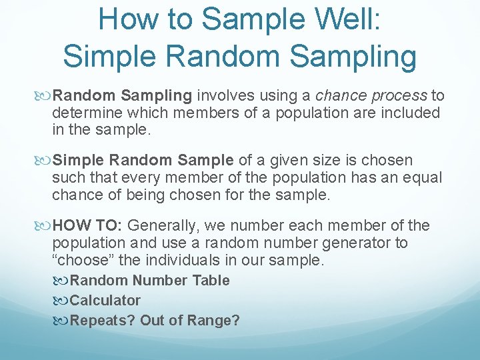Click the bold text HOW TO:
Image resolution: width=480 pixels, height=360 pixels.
[x=88, y=225]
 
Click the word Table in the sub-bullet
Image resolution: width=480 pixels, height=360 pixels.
[x=211, y=281]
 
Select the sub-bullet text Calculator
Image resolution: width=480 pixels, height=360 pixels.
[x=105, y=301]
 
